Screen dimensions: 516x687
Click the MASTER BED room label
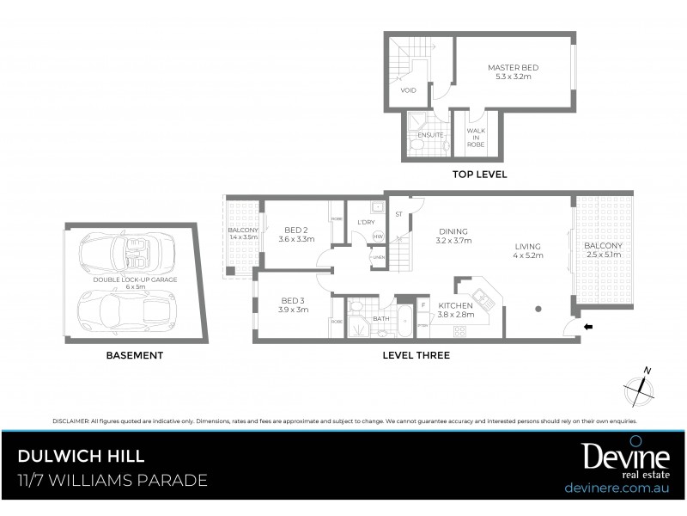pos(514,67)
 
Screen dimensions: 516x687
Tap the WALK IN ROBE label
pos(475,138)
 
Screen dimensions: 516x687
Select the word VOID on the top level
pos(409,89)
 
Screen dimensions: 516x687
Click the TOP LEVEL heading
pos(479,175)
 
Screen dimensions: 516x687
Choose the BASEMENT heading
pos(134,354)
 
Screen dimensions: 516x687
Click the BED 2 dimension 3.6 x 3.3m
pos(296,239)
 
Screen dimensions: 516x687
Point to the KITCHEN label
pos(455,306)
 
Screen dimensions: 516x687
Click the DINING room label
pos(453,231)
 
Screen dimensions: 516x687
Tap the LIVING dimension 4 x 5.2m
pos(528,255)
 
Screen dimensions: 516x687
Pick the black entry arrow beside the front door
pos(588,327)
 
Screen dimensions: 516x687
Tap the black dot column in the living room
pos(538,308)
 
